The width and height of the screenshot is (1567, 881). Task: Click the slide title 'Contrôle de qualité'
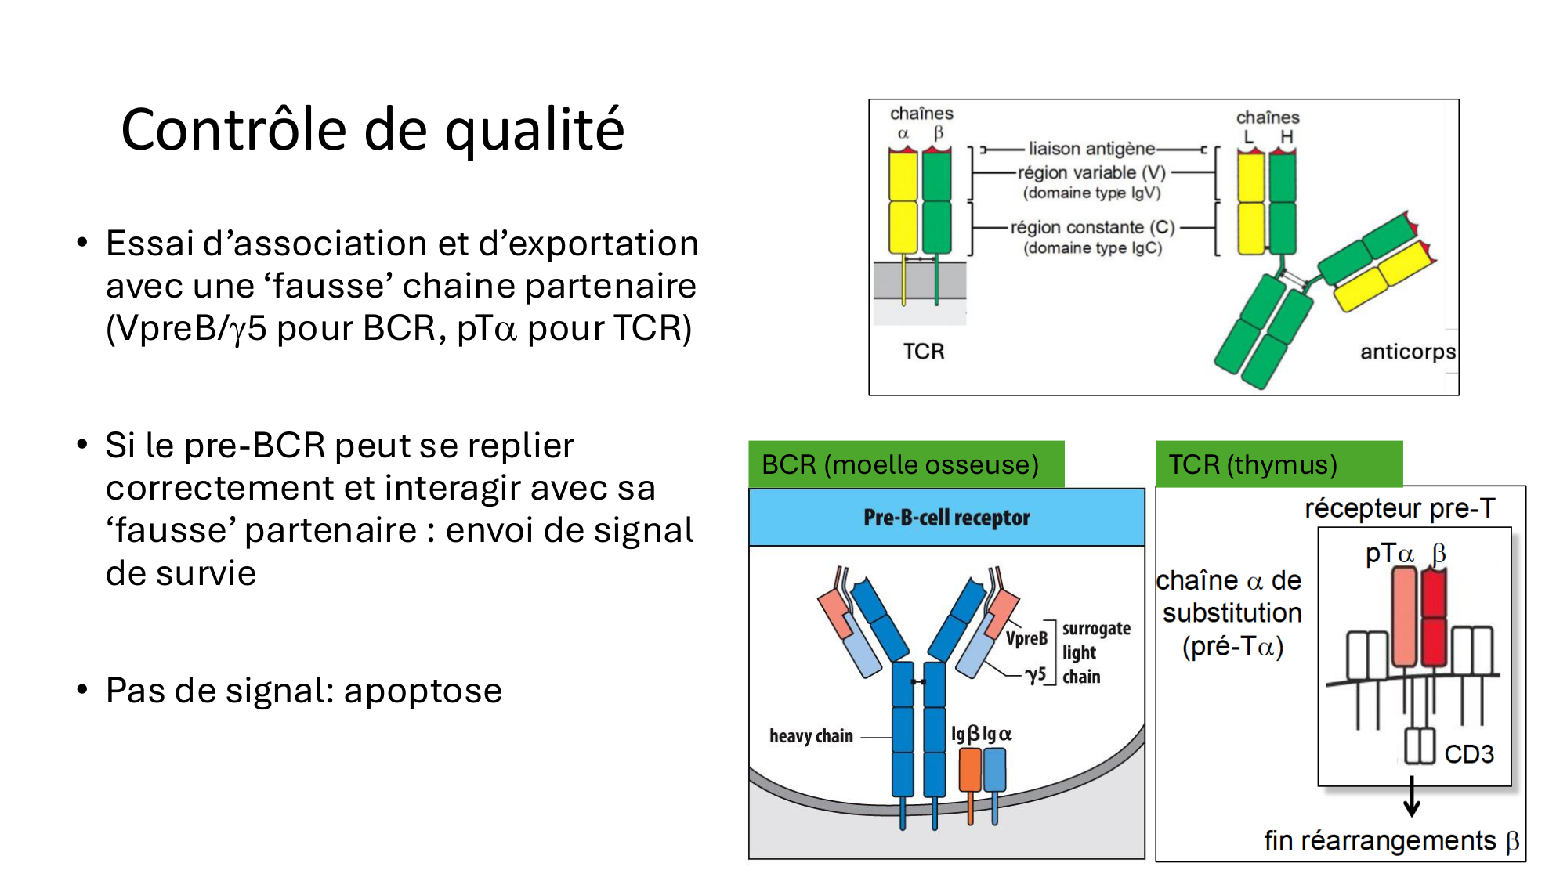pyautogui.click(x=372, y=130)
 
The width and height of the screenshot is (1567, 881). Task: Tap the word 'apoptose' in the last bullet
pyautogui.click(x=422, y=691)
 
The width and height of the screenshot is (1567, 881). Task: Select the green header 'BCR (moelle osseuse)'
pyautogui.click(x=900, y=464)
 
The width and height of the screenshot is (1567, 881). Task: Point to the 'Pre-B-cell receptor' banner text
pyautogui.click(x=946, y=518)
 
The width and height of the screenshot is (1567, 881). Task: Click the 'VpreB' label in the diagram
pyautogui.click(x=1026, y=638)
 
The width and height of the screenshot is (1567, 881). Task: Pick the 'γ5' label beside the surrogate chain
pyautogui.click(x=1036, y=674)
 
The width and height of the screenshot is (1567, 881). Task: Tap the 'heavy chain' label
pyautogui.click(x=811, y=736)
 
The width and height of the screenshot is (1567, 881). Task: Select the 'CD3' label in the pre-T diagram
pyautogui.click(x=1469, y=754)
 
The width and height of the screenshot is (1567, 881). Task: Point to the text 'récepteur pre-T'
pyautogui.click(x=1399, y=508)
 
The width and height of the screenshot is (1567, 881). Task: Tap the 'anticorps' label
pyautogui.click(x=1407, y=352)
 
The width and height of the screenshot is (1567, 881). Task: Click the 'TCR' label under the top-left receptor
pyautogui.click(x=924, y=352)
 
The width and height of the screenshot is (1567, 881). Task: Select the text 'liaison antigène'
pyautogui.click(x=1091, y=149)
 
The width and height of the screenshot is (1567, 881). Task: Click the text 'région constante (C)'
pyautogui.click(x=1092, y=227)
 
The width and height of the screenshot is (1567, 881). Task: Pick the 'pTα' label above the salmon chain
pyautogui.click(x=1389, y=554)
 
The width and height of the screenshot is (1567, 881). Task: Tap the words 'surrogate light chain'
pyautogui.click(x=1096, y=652)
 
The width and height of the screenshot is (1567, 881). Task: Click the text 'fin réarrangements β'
pyautogui.click(x=1391, y=841)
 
